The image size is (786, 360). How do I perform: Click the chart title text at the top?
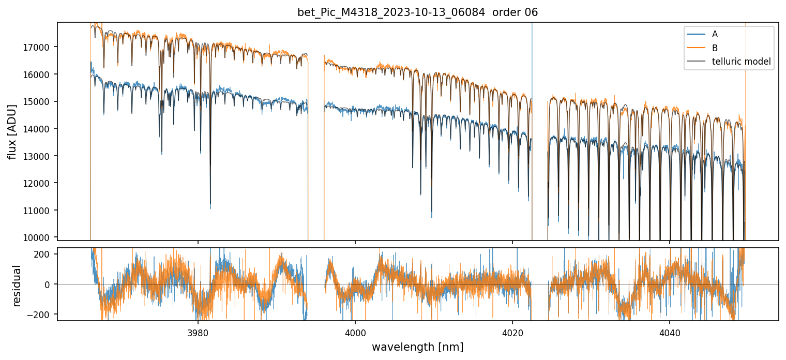(x=417, y=12)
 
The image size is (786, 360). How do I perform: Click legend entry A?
(x=715, y=34)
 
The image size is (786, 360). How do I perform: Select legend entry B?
(x=715, y=48)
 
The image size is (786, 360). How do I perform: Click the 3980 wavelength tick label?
(x=198, y=331)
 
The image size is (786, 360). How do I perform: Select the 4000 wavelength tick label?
(x=355, y=331)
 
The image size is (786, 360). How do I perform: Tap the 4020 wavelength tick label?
(x=512, y=331)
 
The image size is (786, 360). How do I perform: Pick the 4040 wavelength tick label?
(x=670, y=331)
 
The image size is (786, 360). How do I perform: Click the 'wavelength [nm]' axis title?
(x=417, y=347)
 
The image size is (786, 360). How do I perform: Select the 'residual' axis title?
(x=17, y=285)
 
